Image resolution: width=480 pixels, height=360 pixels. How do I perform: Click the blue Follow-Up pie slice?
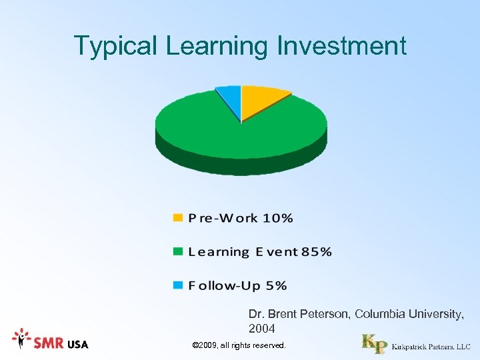(229, 98)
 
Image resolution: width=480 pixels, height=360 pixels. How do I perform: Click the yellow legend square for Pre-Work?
(177, 218)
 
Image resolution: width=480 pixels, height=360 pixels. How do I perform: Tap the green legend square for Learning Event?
(177, 252)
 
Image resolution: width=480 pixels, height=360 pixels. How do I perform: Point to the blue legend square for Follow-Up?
(177, 286)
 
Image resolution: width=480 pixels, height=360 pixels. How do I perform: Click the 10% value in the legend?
(277, 218)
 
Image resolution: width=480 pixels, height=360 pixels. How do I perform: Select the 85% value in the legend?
(316, 252)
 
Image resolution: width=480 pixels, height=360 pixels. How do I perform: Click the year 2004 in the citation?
(262, 329)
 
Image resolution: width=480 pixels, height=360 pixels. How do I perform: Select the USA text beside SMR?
(77, 344)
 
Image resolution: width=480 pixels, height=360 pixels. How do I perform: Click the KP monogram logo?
(373, 343)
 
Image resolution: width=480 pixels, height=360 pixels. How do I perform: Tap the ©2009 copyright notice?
(238, 345)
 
